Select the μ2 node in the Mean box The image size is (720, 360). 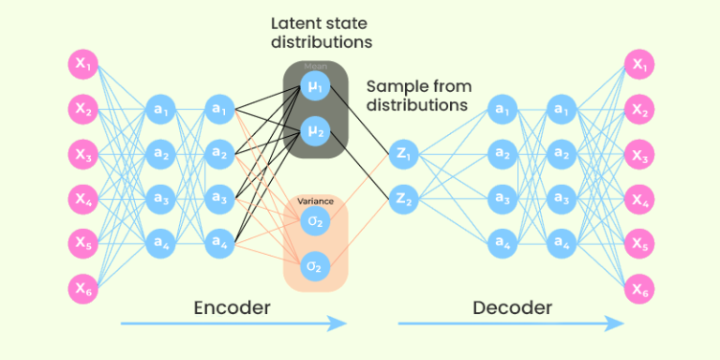click(x=314, y=131)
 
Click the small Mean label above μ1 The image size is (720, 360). click(x=314, y=67)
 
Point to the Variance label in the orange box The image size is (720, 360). click(x=315, y=201)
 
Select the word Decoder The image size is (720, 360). click(x=512, y=307)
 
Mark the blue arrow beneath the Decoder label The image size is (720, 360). click(x=511, y=324)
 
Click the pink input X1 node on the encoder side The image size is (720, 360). click(x=82, y=65)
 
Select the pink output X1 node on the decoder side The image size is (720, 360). click(x=639, y=65)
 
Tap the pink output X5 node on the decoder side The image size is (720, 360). click(x=639, y=244)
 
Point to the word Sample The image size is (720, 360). click(x=394, y=85)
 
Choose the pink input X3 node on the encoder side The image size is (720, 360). click(x=82, y=154)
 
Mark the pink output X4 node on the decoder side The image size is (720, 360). click(x=639, y=199)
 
